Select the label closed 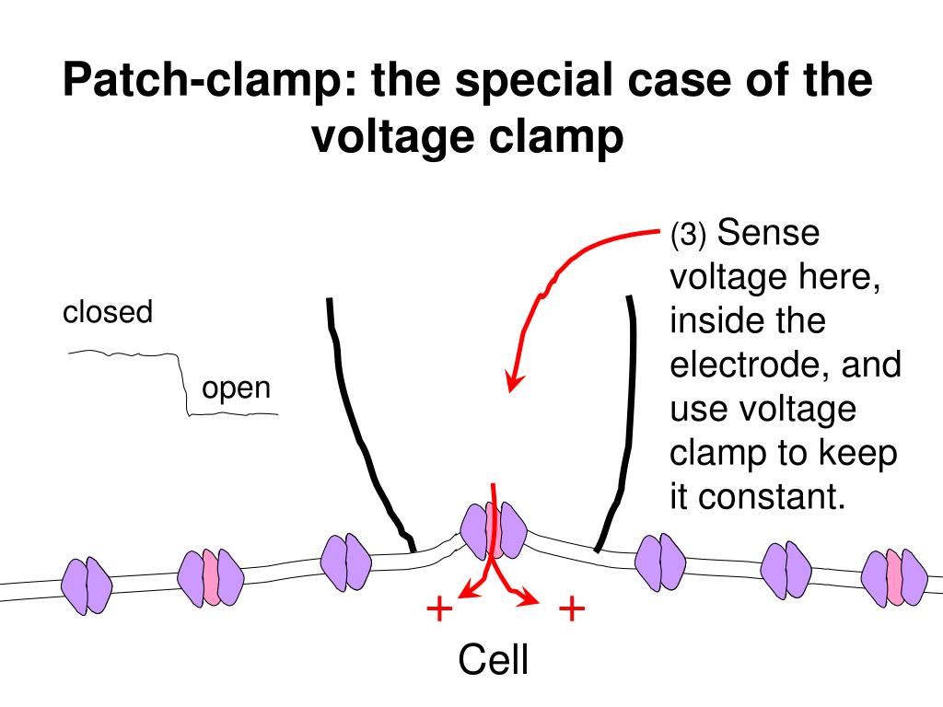(x=107, y=313)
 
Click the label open (x=237, y=388)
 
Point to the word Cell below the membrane (x=494, y=661)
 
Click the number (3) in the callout (x=688, y=237)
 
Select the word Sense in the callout (x=768, y=233)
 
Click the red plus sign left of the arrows (x=439, y=608)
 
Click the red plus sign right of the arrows (x=572, y=608)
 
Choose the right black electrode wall (x=623, y=423)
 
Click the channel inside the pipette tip (x=494, y=531)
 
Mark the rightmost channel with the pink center (x=894, y=577)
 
